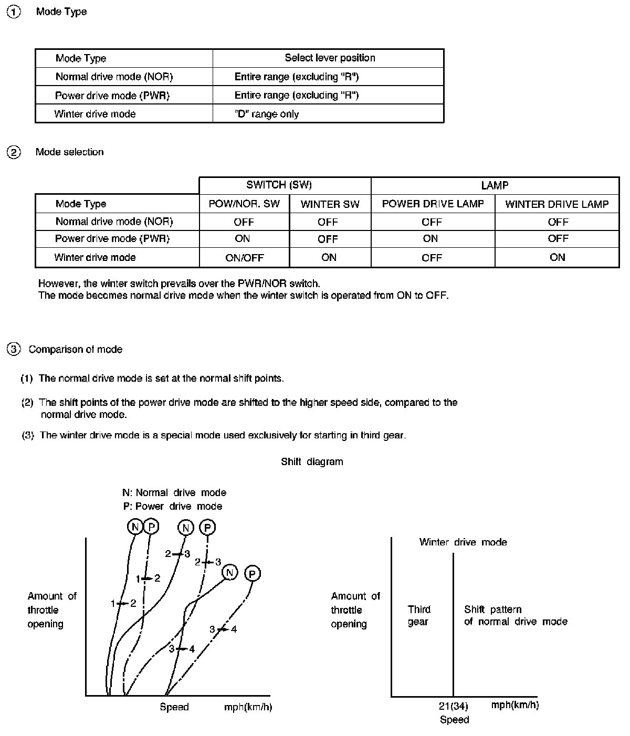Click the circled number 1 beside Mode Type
(x=14, y=12)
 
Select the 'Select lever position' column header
(x=330, y=58)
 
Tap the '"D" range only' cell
(x=267, y=114)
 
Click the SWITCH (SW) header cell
(x=279, y=185)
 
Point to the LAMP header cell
(x=495, y=185)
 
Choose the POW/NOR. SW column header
(x=244, y=204)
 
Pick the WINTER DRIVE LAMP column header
(x=556, y=204)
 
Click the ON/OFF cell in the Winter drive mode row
(x=244, y=258)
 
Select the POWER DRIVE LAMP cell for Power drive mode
(x=430, y=239)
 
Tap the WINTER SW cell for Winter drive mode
(x=329, y=257)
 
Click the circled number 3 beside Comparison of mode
(x=14, y=349)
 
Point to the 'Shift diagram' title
(x=312, y=462)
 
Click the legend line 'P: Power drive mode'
(x=172, y=507)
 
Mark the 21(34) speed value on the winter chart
(x=454, y=707)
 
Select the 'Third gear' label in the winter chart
(x=419, y=616)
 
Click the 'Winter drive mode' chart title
(x=463, y=542)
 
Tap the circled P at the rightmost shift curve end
(x=253, y=574)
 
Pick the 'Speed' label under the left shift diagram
(x=174, y=707)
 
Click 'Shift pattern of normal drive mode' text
(x=516, y=616)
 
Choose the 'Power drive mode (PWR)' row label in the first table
(x=112, y=96)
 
